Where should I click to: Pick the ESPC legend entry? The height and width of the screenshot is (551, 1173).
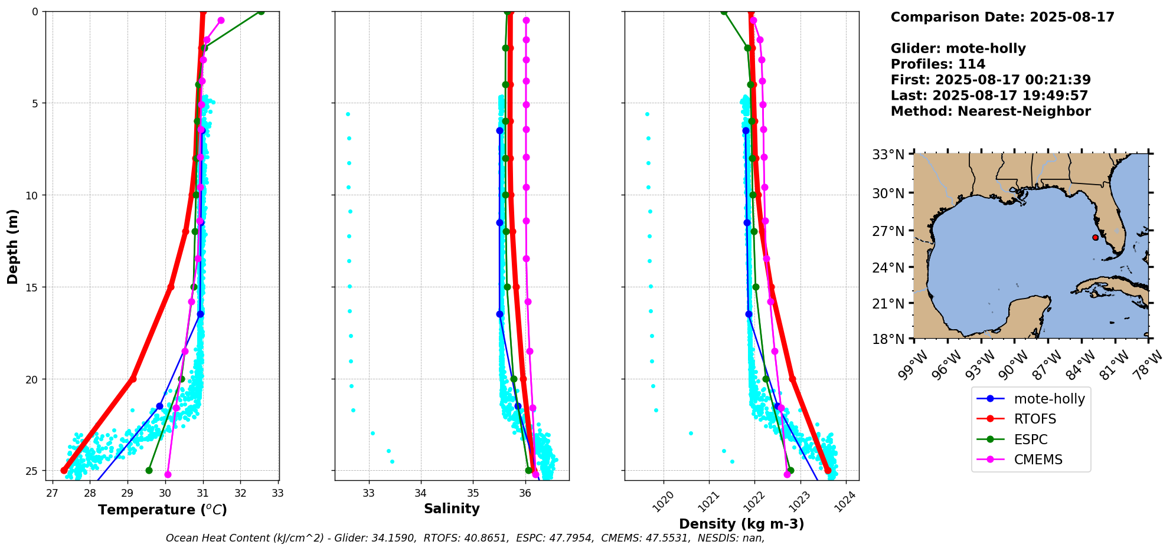tap(1031, 440)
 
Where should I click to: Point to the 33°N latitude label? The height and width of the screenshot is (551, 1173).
tap(888, 155)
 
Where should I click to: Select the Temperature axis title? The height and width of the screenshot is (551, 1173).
tap(162, 510)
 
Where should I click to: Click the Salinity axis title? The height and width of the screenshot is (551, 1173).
tap(452, 509)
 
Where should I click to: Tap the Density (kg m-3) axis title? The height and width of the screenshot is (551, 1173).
tap(741, 524)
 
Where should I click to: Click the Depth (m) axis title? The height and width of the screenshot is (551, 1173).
tap(12, 246)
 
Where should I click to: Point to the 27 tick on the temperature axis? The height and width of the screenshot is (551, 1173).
tap(52, 493)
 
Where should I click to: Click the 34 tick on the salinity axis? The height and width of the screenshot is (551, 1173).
tap(421, 493)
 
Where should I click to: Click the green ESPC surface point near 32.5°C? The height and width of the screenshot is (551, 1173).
tap(261, 12)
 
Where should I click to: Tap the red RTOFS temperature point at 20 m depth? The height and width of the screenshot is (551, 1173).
tap(133, 379)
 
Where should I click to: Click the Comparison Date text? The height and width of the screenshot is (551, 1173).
tap(1002, 17)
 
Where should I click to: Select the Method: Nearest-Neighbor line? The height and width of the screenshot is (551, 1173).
tap(991, 111)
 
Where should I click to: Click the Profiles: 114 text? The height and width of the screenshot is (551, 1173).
tap(938, 64)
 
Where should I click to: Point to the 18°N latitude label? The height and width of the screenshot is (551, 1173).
tap(888, 339)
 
